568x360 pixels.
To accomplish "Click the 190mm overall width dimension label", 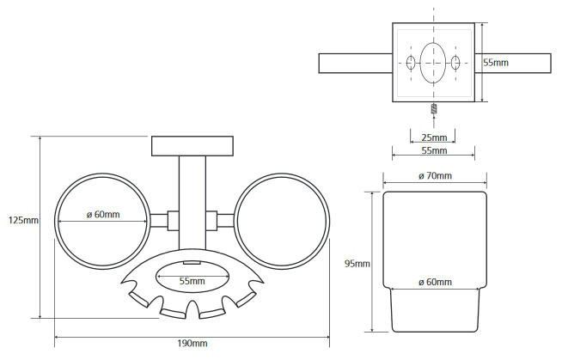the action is [192, 344].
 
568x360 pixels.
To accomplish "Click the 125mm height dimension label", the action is [23, 220].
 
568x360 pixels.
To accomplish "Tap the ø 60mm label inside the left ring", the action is [103, 215].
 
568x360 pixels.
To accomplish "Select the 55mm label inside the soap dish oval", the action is [192, 281].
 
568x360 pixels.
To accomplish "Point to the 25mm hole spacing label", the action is [434, 137].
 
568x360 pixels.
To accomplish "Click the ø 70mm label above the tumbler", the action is [435, 176].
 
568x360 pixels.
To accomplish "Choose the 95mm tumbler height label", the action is [357, 264].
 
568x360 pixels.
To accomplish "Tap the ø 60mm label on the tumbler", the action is [435, 282].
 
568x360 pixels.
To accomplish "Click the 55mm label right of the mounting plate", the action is [496, 63].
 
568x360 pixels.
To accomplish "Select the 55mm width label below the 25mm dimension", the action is [434, 150].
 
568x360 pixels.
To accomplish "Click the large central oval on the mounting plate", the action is [433, 63].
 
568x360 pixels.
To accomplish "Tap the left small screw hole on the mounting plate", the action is [411, 63].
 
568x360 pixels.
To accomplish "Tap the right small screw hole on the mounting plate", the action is [455, 63].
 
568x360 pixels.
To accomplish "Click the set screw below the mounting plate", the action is [433, 108].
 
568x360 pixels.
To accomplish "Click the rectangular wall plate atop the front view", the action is [192, 146].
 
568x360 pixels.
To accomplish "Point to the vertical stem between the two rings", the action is [192, 203].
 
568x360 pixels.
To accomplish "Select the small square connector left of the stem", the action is [174, 221].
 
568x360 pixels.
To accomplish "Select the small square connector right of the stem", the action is [211, 221].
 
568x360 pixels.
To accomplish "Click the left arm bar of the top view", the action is [356, 64].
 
